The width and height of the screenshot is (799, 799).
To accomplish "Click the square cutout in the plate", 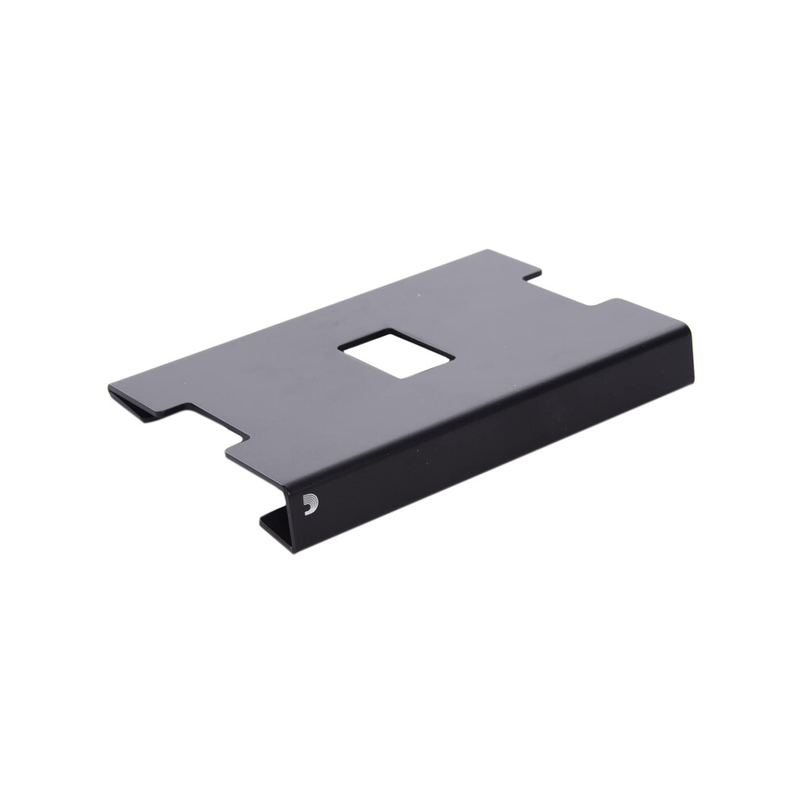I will pyautogui.click(x=395, y=353).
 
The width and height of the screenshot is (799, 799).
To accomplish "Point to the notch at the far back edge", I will pyautogui.click(x=565, y=291).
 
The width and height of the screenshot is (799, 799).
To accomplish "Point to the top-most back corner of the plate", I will pyautogui.click(x=487, y=250).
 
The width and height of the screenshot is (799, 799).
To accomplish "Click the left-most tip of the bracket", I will pyautogui.click(x=109, y=391).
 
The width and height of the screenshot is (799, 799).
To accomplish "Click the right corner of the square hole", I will pyautogui.click(x=454, y=358).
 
